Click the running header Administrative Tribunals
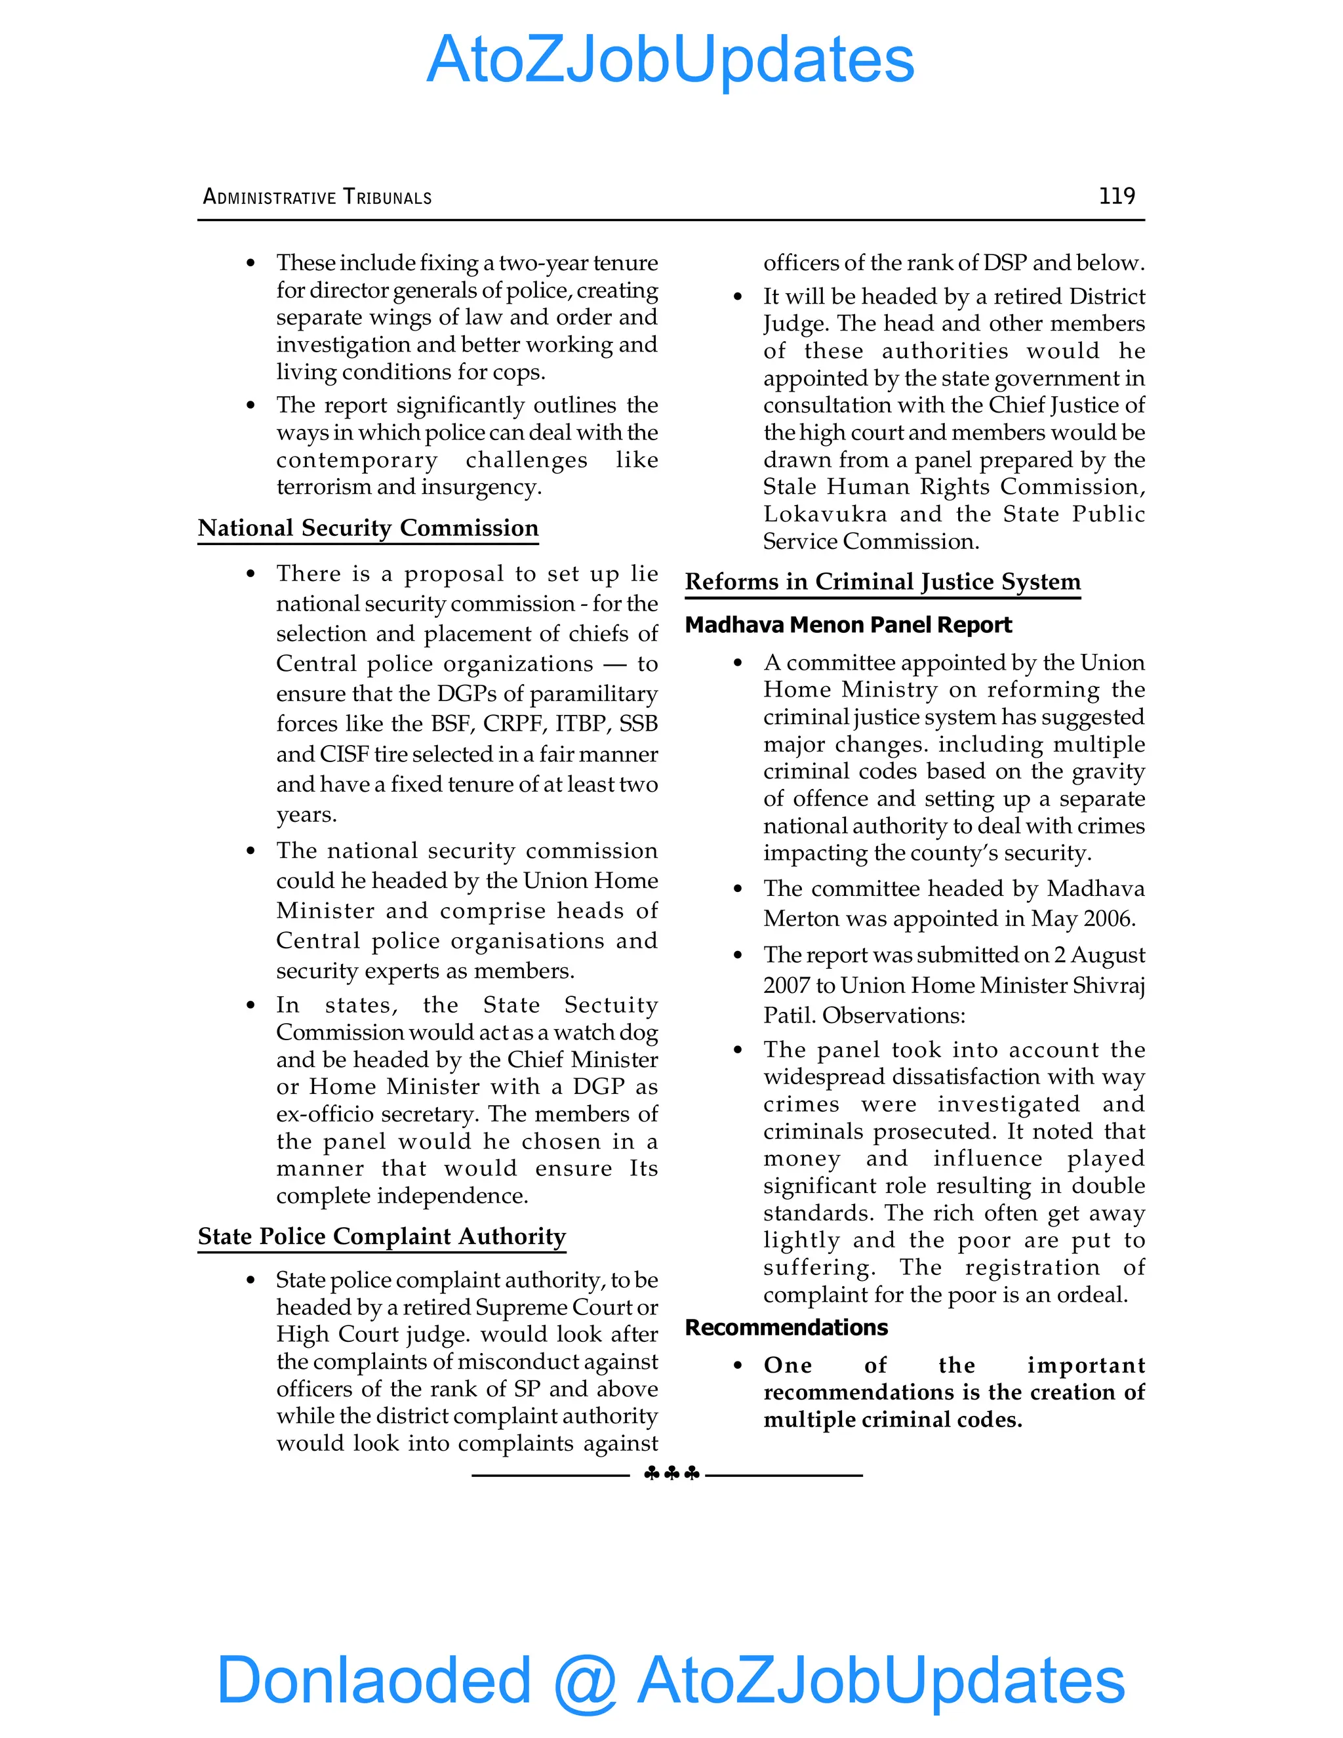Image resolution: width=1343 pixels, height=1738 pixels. click(x=317, y=197)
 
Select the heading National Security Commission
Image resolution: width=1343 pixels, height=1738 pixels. click(x=368, y=529)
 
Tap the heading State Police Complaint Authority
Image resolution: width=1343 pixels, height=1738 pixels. click(x=381, y=1237)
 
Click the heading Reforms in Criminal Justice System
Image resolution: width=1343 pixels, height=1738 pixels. click(x=883, y=582)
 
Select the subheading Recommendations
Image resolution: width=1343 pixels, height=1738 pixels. click(x=786, y=1328)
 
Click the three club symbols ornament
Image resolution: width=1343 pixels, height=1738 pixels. click(x=671, y=1474)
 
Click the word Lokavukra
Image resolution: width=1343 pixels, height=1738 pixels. click(x=824, y=514)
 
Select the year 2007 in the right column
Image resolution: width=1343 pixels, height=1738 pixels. click(x=786, y=986)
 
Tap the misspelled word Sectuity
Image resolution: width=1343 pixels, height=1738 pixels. click(x=611, y=1005)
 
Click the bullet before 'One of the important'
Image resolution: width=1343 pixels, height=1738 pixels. click(x=738, y=1365)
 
